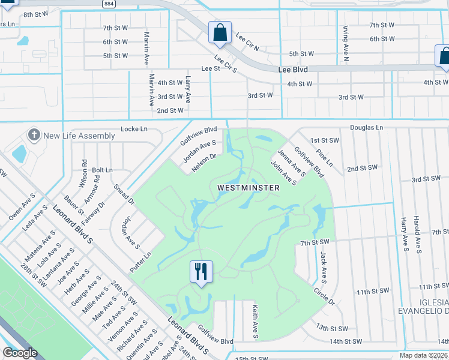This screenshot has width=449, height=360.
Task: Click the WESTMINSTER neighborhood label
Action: click(248, 188)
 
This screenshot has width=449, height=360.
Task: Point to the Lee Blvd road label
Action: click(293, 70)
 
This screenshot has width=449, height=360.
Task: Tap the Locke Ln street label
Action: click(134, 129)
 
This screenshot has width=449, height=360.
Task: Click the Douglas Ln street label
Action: click(367, 128)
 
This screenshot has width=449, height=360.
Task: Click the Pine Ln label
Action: click(324, 158)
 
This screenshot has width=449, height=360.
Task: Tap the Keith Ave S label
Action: click(255, 320)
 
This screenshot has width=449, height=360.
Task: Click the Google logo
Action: click(20, 353)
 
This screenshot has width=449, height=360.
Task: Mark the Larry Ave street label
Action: click(188, 88)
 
